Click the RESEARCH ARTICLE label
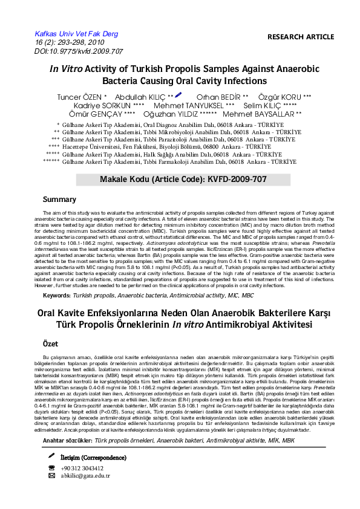point(300,37)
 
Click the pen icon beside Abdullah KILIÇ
point(178,95)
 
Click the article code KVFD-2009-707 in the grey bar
point(234,180)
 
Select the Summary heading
point(59,199)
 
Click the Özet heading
point(50,343)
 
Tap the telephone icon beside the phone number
point(51,468)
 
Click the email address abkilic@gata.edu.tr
point(86,476)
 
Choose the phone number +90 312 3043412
point(82,468)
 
